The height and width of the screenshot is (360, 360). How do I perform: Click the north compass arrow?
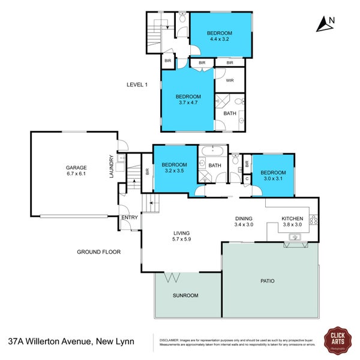[325, 24]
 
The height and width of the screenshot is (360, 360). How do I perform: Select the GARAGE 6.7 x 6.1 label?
[76, 171]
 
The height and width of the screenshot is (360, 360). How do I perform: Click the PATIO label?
[268, 280]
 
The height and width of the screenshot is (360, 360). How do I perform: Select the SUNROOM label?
[185, 296]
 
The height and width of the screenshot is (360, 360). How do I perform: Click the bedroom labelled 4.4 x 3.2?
[220, 36]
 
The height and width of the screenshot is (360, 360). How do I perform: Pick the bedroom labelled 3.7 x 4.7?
[188, 100]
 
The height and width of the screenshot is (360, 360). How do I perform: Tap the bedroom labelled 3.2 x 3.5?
[174, 168]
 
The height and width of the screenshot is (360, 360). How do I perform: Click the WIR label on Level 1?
[229, 80]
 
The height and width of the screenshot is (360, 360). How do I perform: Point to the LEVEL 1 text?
[137, 85]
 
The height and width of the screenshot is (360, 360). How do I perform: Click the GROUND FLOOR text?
[98, 252]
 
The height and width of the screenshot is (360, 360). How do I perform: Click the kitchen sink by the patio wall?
[295, 237]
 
